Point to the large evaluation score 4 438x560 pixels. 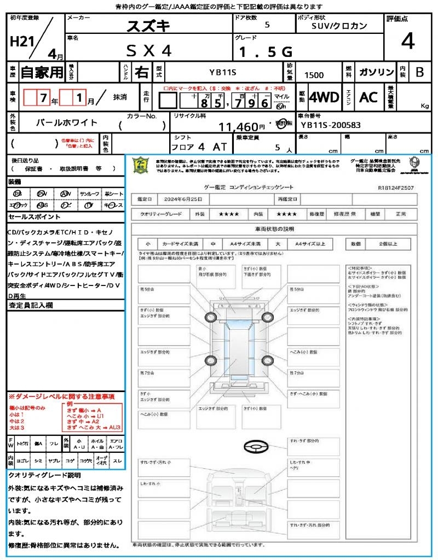point(407,42)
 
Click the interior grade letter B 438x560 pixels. point(419,72)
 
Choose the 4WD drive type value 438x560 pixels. point(324,98)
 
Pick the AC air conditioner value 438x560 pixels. point(368,97)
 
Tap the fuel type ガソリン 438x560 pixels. point(376,72)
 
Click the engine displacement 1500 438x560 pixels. point(314,75)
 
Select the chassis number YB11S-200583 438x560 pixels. point(331,125)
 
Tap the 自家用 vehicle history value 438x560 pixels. point(42,72)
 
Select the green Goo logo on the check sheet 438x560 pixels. point(141,165)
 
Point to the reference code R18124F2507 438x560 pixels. point(395,188)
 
